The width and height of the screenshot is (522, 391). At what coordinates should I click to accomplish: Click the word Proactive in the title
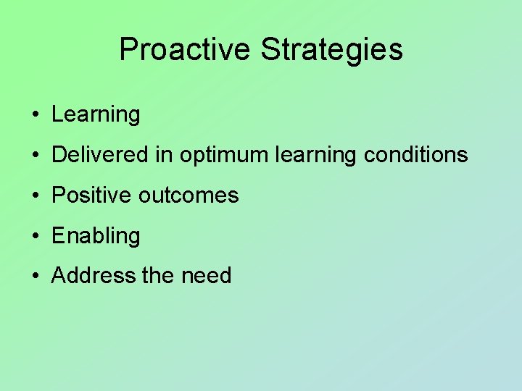tap(185, 50)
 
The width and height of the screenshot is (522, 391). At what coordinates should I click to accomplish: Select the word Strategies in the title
tap(331, 50)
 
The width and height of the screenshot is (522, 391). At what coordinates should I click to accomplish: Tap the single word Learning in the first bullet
tap(96, 115)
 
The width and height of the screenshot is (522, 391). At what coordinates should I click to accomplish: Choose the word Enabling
tap(96, 236)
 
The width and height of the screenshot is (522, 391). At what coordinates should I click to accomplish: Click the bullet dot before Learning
tap(35, 115)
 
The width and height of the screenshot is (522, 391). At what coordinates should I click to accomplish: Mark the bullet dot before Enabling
tap(35, 236)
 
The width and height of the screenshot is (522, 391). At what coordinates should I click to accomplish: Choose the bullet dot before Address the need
tap(35, 277)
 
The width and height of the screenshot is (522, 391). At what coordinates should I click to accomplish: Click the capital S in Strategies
tap(269, 50)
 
